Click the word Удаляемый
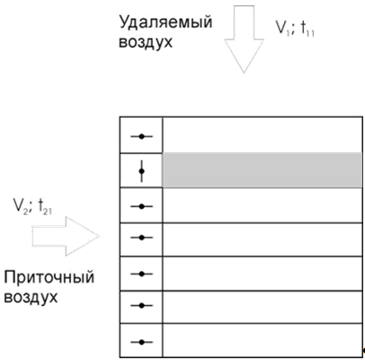(x=165, y=23)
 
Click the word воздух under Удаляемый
(x=146, y=41)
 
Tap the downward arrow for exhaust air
(x=244, y=39)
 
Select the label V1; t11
(x=295, y=29)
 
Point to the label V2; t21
(x=32, y=207)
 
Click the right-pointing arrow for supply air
(x=66, y=236)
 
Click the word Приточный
(x=49, y=277)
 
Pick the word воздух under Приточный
(x=31, y=297)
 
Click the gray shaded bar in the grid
(x=263, y=170)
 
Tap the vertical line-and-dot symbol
(x=141, y=171)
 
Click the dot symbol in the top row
(x=142, y=137)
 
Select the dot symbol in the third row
(x=142, y=206)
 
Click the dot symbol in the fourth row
(x=142, y=238)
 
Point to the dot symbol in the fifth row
(x=142, y=274)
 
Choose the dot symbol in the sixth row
(x=142, y=305)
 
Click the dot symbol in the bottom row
(x=142, y=342)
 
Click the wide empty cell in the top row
(x=263, y=135)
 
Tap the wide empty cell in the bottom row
(x=263, y=340)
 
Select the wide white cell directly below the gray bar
(x=263, y=205)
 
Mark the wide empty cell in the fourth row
(x=263, y=239)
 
